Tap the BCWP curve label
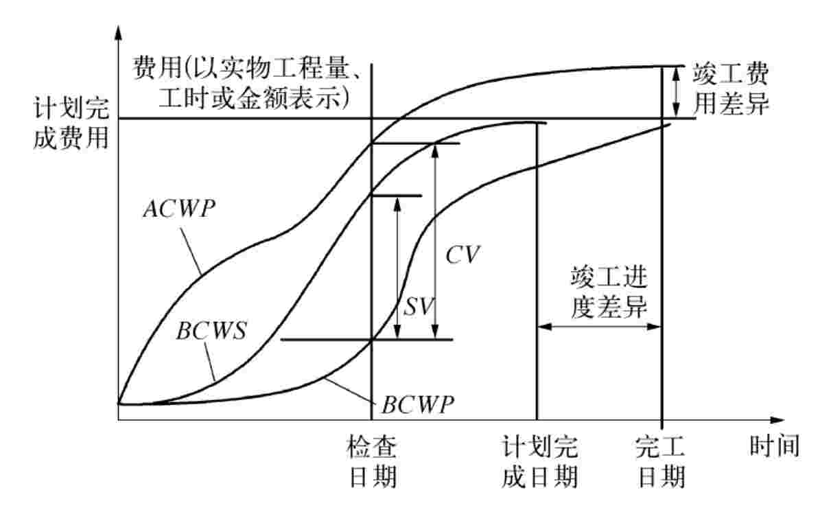[x=418, y=404]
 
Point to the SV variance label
[x=418, y=306]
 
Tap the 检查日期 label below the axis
[x=373, y=461]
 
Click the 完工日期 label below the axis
[x=661, y=461]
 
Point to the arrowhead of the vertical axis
[x=119, y=32]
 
